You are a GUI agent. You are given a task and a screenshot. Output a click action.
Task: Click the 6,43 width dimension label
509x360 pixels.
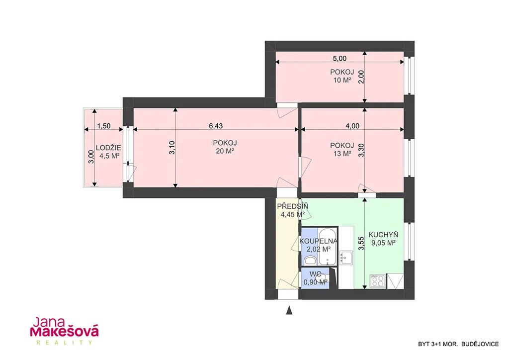coord(216,126)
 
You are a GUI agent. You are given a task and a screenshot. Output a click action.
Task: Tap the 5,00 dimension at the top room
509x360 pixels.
coord(339,59)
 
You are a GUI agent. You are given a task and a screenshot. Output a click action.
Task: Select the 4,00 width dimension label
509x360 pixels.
coord(352,126)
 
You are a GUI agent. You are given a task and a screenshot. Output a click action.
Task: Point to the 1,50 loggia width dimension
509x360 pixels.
coord(104,126)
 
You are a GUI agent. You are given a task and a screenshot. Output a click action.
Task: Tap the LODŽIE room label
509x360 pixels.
coord(108,148)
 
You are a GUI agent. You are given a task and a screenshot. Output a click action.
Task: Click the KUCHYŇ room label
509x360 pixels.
coord(383,235)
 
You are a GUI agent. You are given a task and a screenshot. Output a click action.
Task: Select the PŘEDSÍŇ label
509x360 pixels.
coord(293,206)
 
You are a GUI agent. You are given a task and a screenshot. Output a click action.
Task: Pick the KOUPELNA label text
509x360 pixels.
coord(319,241)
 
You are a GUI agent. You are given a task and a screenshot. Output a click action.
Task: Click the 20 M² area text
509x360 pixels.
coord(225,151)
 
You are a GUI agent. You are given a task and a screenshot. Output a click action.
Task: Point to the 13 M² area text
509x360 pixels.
coord(342,154)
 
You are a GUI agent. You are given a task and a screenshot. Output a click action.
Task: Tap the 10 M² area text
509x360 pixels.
coord(342,80)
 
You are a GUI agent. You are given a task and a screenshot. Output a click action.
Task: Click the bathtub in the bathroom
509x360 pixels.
coord(328,247)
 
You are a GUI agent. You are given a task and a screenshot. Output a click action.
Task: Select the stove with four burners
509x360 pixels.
coord(378,281)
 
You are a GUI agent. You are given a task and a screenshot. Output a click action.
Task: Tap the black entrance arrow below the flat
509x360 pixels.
coord(289,311)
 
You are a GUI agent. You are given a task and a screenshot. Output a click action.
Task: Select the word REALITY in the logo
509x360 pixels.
coord(64,343)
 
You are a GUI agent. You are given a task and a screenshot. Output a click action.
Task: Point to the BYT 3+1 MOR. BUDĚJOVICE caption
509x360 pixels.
coord(458,344)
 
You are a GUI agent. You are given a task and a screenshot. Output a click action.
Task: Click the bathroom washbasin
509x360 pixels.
coord(311,260)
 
